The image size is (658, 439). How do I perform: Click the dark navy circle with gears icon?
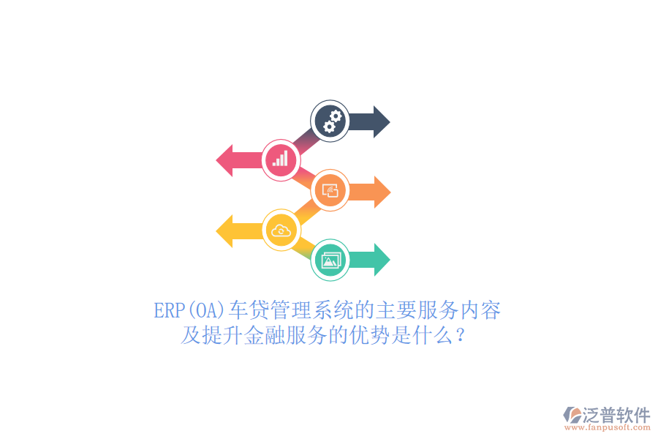tap(330, 121)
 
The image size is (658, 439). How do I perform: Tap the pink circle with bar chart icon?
tap(281, 160)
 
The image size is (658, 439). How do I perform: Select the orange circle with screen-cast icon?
tap(330, 190)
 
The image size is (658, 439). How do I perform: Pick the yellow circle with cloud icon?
tap(281, 230)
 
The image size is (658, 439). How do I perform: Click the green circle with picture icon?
tap(330, 260)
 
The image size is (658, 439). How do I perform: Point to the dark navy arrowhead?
tap(381, 122)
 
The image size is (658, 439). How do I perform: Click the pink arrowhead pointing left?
tap(224, 160)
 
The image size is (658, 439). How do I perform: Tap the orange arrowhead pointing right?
tap(382, 192)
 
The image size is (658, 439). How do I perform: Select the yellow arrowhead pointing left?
tap(224, 230)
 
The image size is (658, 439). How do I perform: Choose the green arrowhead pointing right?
tap(382, 260)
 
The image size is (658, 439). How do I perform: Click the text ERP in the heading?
tap(170, 311)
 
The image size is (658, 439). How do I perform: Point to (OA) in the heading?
tap(206, 311)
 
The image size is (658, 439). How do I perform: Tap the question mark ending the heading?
tap(461, 336)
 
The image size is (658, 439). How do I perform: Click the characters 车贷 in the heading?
tap(249, 310)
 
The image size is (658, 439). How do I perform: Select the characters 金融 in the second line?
tap(265, 335)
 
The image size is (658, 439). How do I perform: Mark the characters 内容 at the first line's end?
tap(480, 310)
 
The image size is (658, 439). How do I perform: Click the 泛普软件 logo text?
tap(616, 415)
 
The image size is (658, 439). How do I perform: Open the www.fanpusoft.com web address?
tap(608, 427)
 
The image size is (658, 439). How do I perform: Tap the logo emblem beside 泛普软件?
tap(572, 415)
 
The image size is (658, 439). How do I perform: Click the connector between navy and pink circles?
tap(306, 140)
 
